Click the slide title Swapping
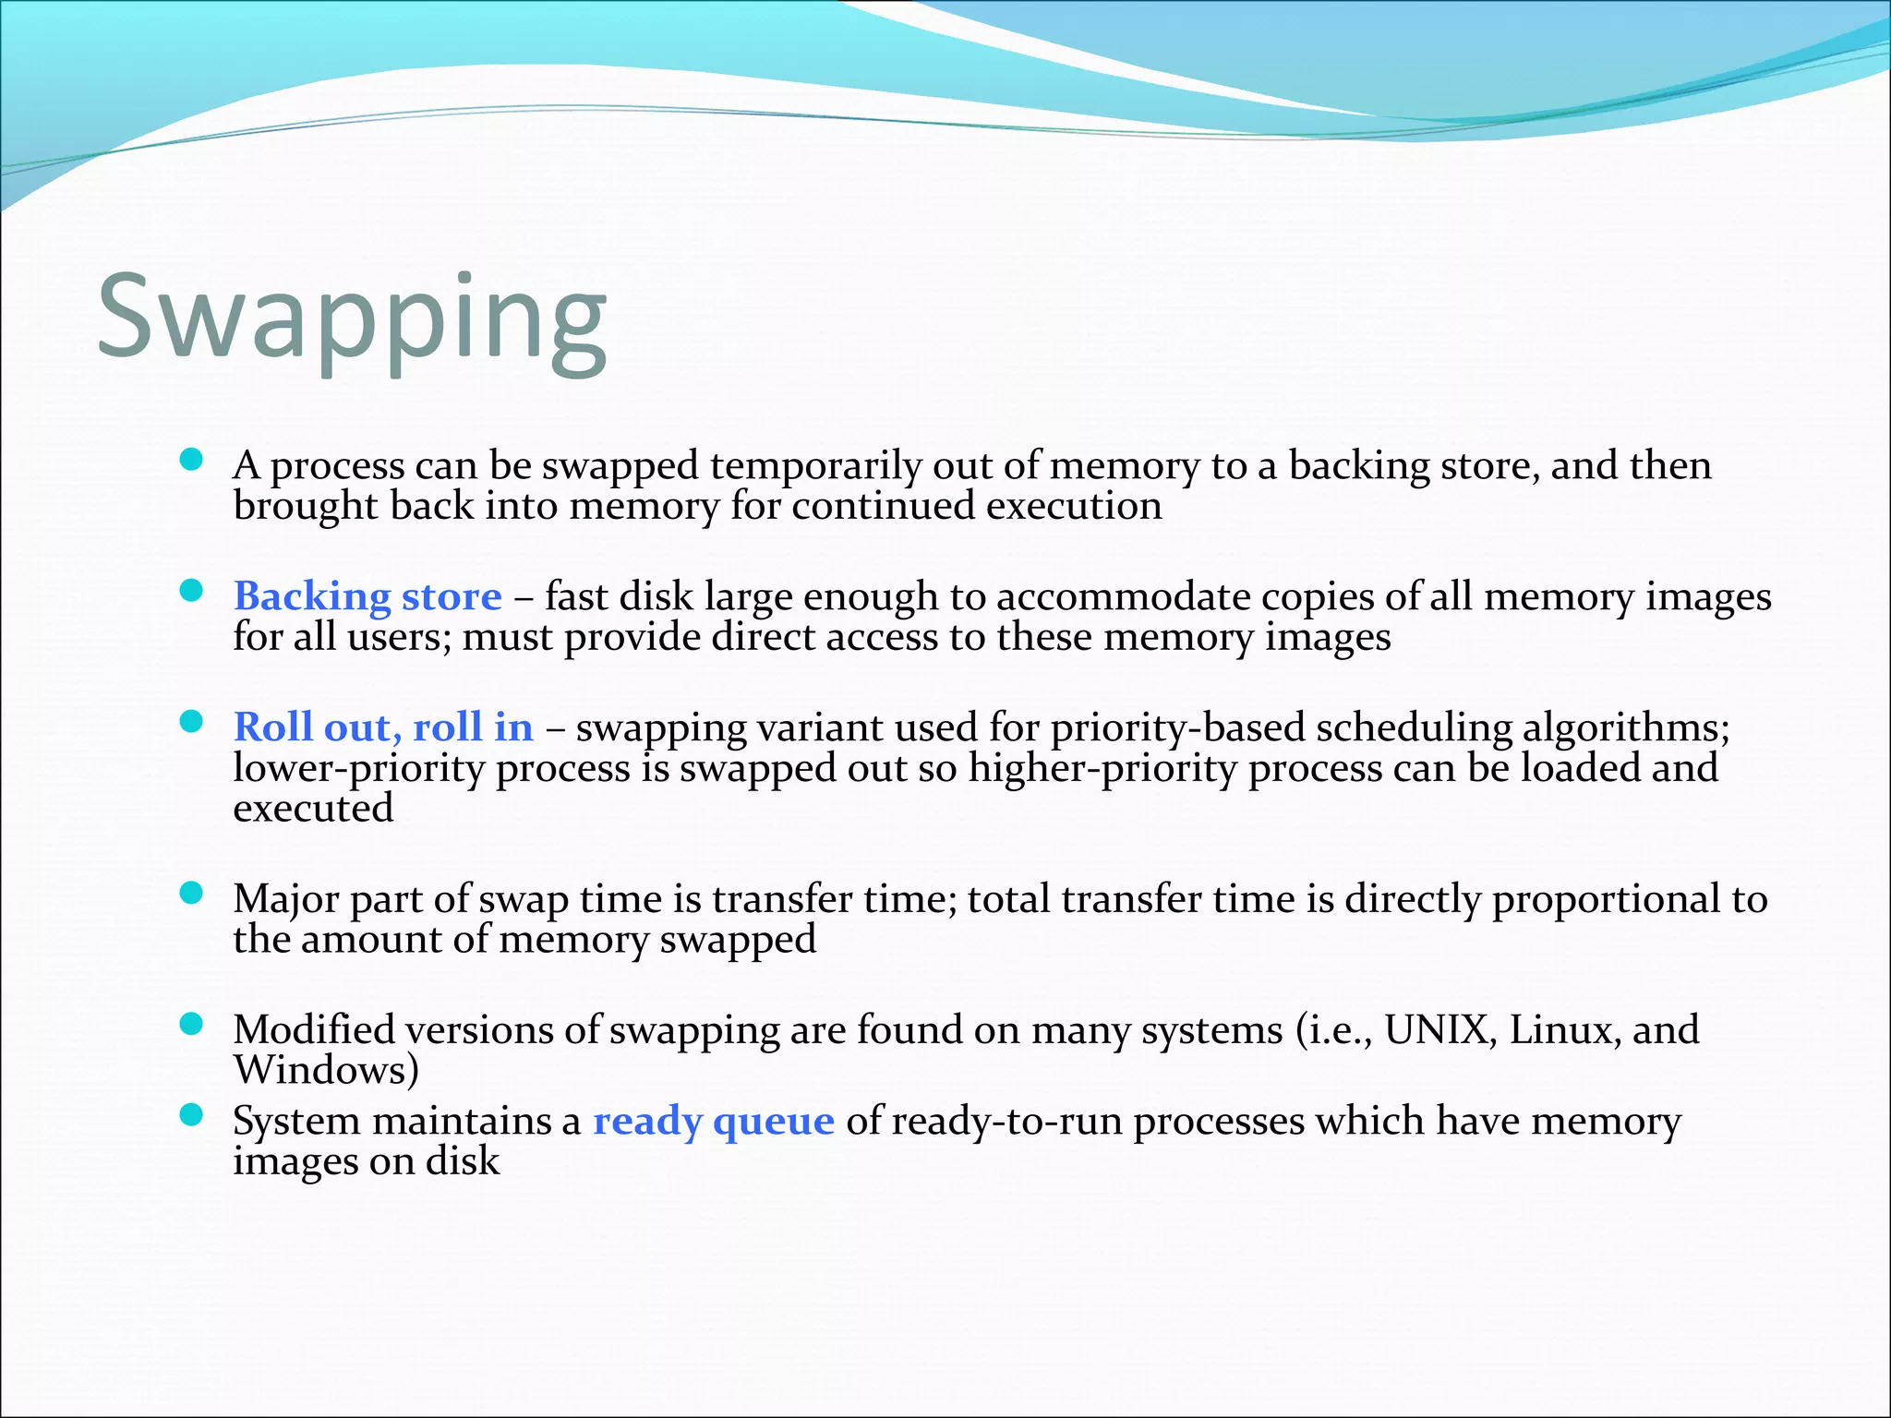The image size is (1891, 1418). [352, 318]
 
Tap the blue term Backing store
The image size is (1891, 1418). [367, 596]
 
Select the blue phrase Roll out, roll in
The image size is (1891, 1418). [383, 727]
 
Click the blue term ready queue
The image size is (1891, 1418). [713, 1122]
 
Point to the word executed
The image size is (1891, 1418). [313, 809]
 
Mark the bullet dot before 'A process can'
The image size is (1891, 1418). [191, 460]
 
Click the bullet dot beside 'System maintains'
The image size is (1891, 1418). [191, 1115]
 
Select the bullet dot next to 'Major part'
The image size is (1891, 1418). [191, 893]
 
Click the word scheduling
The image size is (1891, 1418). [1414, 728]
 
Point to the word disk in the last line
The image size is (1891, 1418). [462, 1161]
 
